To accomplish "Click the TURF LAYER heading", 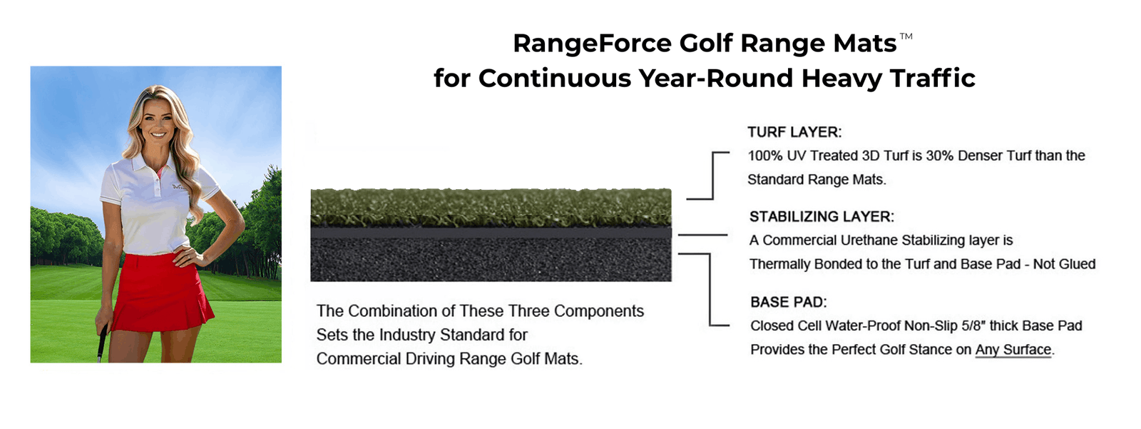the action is (794, 132).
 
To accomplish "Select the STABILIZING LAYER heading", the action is (822, 217).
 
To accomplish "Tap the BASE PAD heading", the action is (789, 302).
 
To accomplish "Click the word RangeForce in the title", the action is (592, 44).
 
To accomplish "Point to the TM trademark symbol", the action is (906, 36).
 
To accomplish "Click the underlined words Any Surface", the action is (1013, 350).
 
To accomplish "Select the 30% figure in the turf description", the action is (939, 156).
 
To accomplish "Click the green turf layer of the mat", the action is (491, 208).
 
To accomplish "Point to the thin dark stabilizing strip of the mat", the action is (491, 233).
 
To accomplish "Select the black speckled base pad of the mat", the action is (491, 260).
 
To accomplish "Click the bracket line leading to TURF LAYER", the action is (712, 175).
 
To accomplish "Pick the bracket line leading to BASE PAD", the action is (710, 288).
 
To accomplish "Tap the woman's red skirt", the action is (160, 293).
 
